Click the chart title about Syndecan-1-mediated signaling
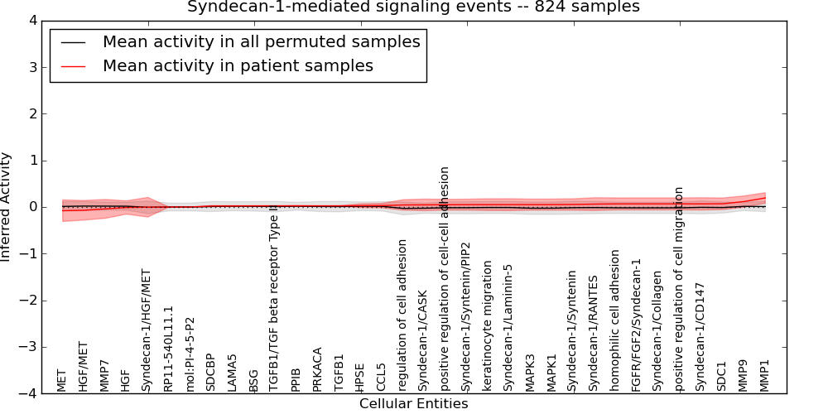[413, 7]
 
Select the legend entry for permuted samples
[261, 41]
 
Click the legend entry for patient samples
[238, 65]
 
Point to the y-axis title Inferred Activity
[7, 207]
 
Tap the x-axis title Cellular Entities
[413, 404]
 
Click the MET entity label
[61, 380]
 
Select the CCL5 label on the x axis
[381, 378]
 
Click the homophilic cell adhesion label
[615, 320]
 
